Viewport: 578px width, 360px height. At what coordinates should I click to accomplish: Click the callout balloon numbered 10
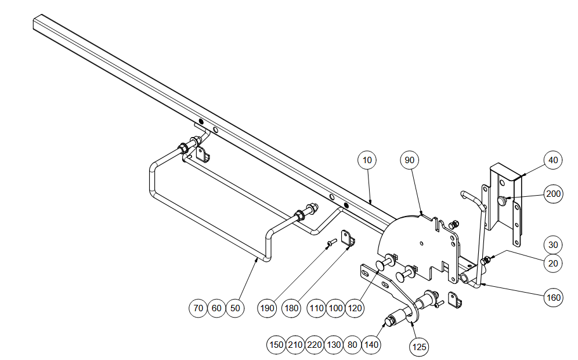click(367, 160)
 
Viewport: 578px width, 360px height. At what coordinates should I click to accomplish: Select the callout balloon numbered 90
click(410, 160)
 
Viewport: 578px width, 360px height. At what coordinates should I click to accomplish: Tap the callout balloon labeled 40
click(553, 160)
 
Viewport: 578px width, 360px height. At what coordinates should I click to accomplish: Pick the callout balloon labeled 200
click(553, 194)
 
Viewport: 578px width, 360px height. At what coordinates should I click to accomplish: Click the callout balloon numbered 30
click(553, 244)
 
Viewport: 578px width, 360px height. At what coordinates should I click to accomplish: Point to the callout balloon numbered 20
click(553, 264)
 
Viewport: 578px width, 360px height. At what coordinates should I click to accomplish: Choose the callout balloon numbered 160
click(553, 298)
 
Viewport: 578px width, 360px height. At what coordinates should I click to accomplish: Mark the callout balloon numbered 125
click(419, 347)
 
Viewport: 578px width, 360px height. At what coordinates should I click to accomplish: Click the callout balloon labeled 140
click(371, 345)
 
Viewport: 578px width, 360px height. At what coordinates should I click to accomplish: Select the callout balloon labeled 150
click(276, 345)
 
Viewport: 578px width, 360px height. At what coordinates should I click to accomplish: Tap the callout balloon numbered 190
click(267, 308)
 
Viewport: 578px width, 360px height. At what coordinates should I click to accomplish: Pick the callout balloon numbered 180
click(291, 308)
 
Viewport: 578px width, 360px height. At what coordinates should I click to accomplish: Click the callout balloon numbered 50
click(235, 308)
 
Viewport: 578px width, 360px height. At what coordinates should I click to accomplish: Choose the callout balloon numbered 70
click(198, 308)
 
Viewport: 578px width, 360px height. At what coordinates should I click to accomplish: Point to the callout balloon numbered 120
click(355, 308)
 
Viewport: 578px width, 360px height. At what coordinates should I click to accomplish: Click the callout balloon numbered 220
click(315, 345)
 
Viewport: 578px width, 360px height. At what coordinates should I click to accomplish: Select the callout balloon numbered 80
click(352, 345)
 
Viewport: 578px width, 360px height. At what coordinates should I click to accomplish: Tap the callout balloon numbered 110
click(316, 308)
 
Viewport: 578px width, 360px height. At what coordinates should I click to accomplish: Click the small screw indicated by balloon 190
click(332, 242)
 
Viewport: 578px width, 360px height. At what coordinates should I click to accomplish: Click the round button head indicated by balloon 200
click(501, 201)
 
